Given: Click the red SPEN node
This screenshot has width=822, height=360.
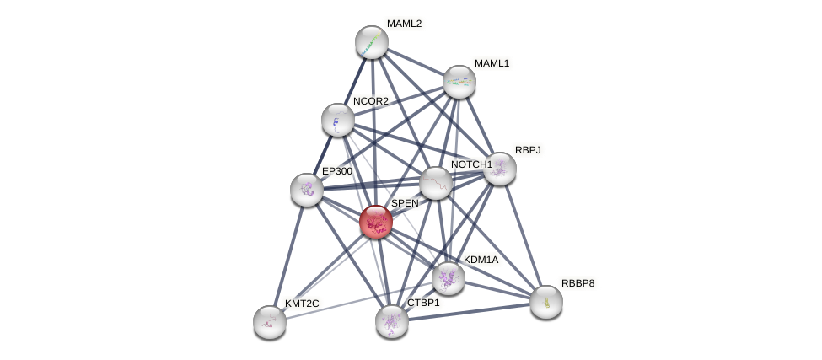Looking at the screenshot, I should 375,222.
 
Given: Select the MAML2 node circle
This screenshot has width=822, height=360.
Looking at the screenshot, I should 371,42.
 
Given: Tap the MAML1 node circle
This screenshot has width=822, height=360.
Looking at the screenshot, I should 459,82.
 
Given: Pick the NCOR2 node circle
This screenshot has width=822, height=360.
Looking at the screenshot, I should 337,120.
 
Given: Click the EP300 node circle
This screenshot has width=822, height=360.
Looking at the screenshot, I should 307,190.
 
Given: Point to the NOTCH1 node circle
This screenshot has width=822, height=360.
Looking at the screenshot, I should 436,183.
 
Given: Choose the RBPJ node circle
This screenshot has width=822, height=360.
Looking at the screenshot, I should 499,169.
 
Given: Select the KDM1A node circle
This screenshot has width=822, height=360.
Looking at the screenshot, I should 448,277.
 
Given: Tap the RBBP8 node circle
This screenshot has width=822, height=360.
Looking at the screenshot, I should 546,302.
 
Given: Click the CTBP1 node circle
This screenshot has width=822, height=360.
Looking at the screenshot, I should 392,320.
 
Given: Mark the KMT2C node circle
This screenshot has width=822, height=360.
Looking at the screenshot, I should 270,321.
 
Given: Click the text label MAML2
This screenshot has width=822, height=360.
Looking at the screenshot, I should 404,24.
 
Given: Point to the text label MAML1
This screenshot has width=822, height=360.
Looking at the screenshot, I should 492,63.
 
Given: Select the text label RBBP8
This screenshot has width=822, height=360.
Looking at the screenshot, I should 578,283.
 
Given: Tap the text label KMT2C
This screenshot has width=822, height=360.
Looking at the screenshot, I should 301,304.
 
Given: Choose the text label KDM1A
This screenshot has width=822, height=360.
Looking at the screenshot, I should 481,260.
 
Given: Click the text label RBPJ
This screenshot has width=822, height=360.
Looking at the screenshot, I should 528,150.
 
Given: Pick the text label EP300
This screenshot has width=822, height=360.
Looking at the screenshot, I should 337,171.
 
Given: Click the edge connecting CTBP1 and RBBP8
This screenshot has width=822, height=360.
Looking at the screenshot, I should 469,311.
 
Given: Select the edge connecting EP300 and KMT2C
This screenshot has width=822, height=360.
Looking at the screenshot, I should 288,255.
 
